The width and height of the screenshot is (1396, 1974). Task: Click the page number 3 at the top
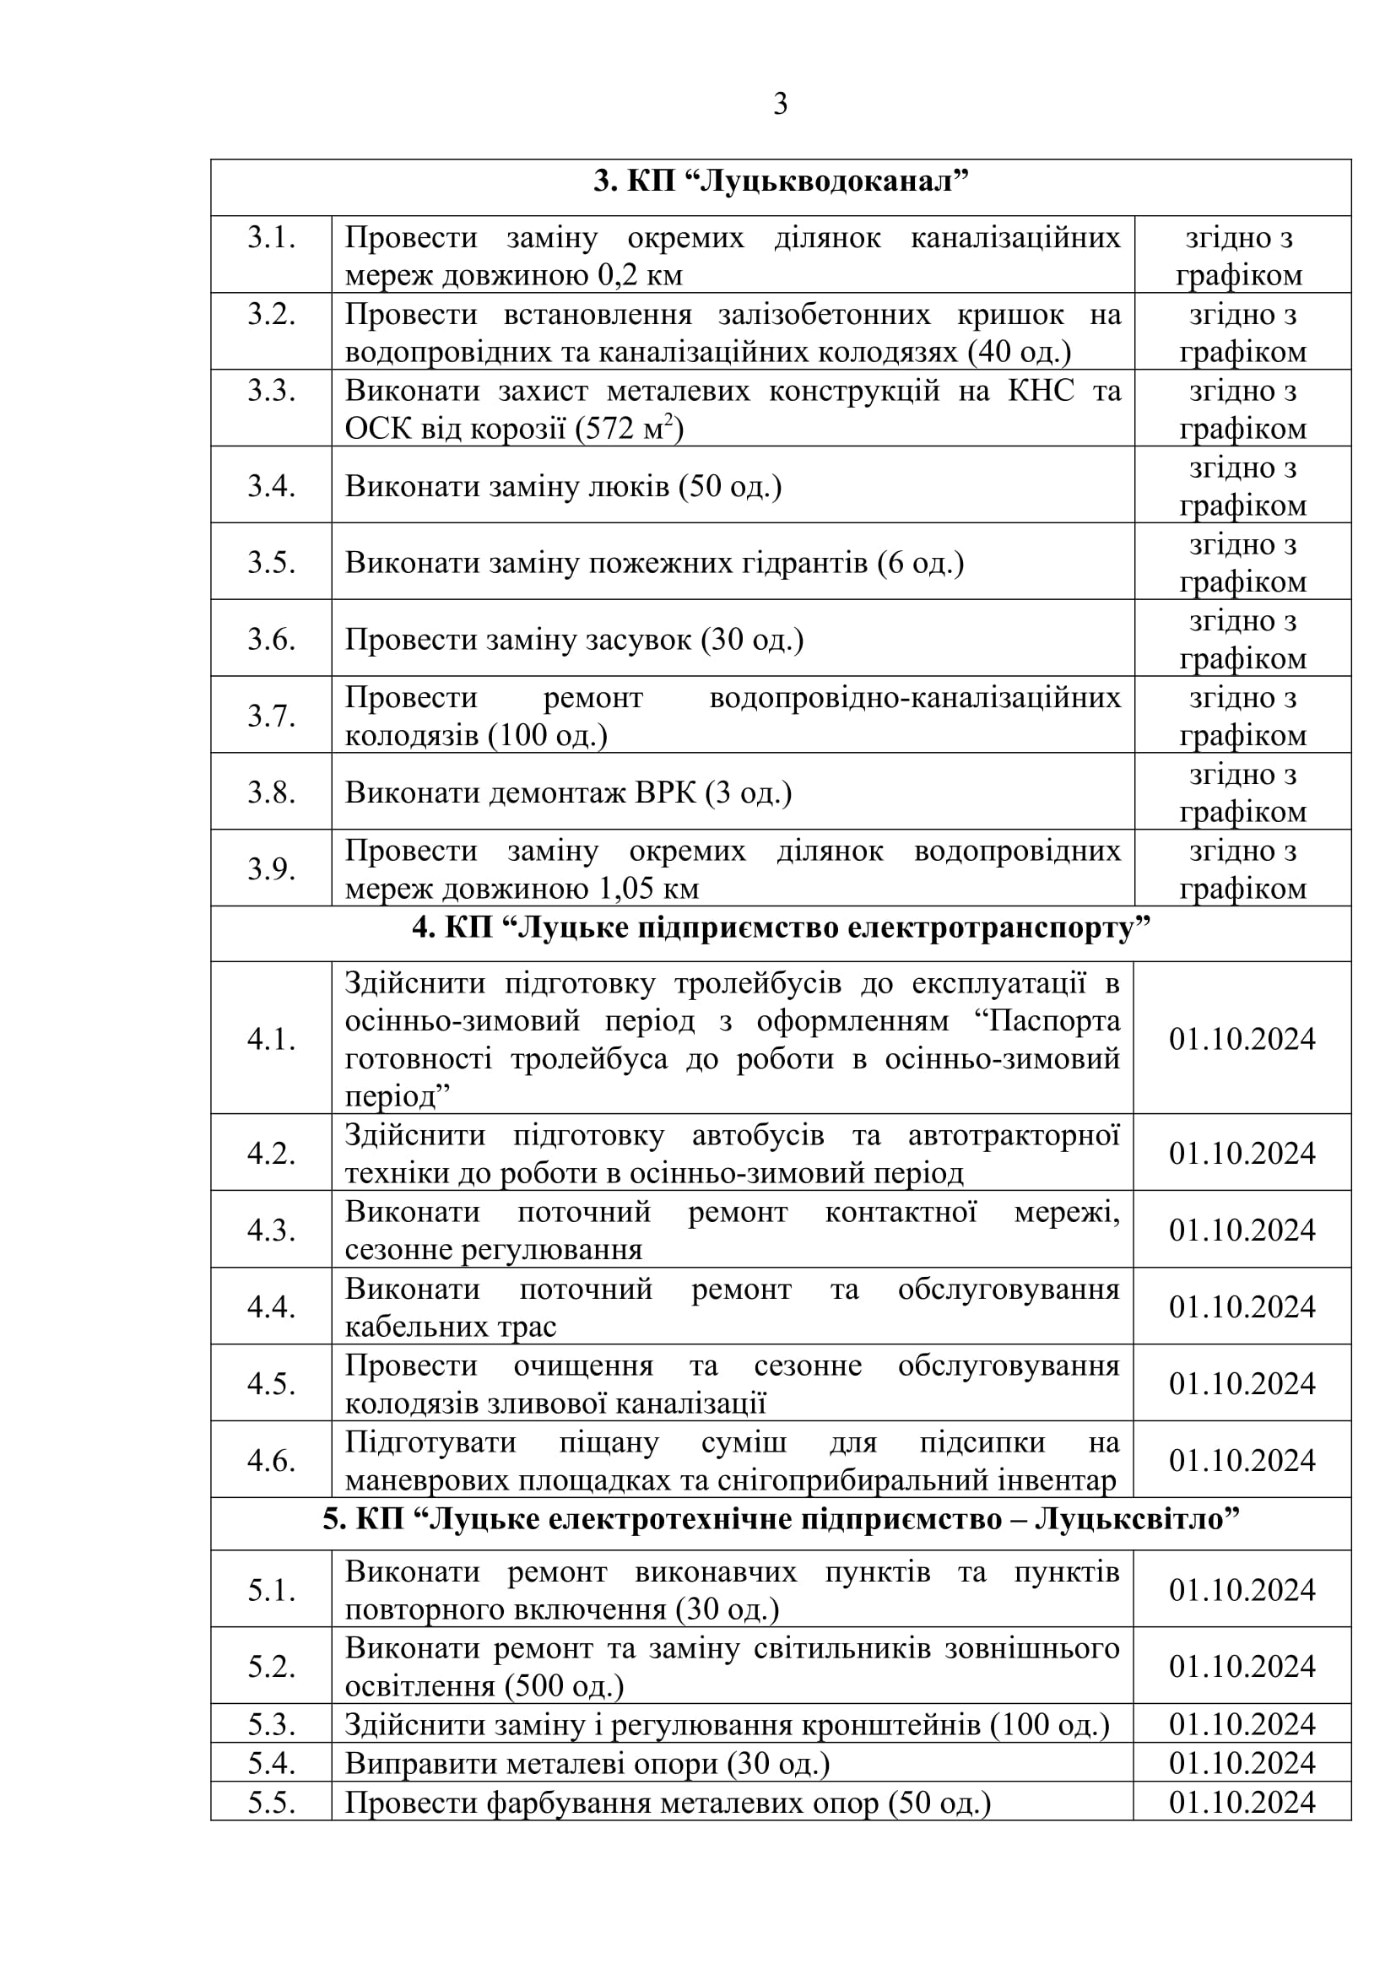780,104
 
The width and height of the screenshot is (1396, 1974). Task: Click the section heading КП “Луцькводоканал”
781,182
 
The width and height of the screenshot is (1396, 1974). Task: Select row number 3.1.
271,237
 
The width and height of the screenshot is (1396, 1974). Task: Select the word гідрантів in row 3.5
807,563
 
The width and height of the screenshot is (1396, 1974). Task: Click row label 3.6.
271,639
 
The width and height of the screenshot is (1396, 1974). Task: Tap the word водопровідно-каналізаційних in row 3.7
915,697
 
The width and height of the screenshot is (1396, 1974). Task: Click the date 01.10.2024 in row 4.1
1242,1039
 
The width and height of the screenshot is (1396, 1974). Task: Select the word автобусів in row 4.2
758,1136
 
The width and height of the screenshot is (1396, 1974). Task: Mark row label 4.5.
271,1383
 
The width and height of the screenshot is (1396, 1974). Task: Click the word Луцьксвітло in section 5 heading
1136,1519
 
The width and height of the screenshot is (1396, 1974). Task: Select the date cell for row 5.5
1242,1802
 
